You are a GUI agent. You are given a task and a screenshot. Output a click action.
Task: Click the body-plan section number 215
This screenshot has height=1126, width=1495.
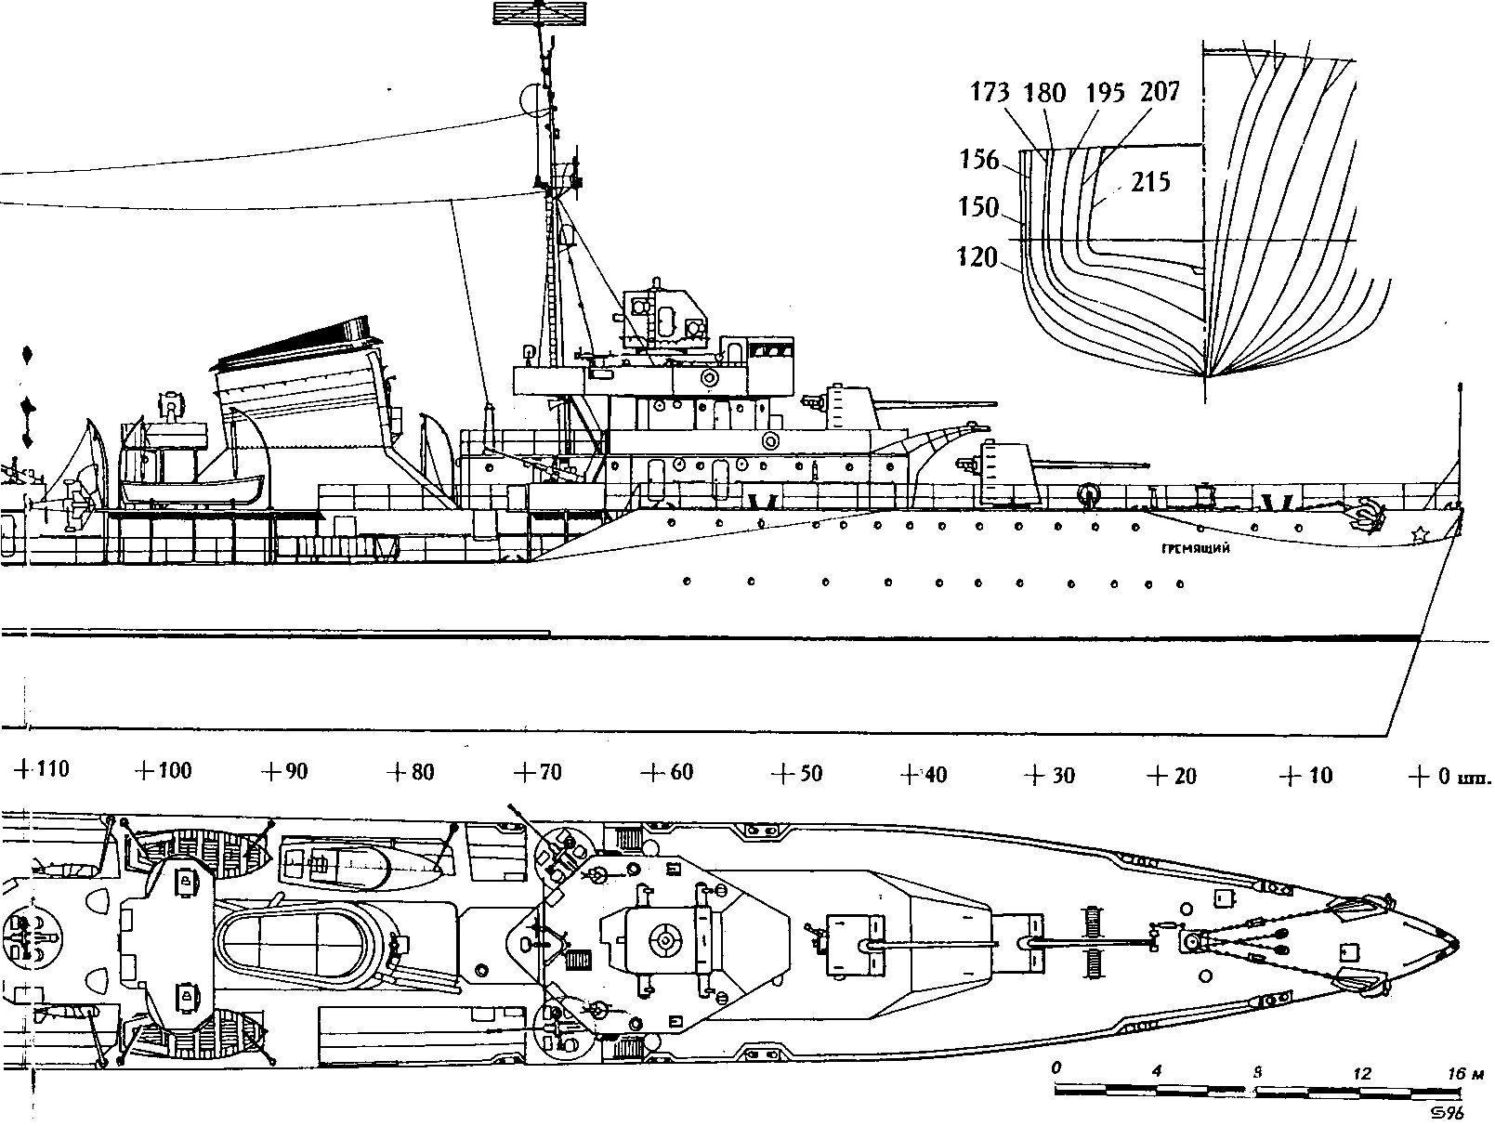pyautogui.click(x=1151, y=183)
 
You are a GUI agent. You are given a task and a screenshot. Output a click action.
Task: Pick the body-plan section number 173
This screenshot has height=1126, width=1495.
pyautogui.click(x=991, y=93)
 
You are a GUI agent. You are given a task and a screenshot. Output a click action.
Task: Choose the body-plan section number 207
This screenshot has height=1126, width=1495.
pyautogui.click(x=1161, y=91)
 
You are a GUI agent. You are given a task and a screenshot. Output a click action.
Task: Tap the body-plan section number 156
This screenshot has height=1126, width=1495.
pyautogui.click(x=978, y=160)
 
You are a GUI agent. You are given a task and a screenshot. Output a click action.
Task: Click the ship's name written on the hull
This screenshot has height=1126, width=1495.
pyautogui.click(x=1196, y=549)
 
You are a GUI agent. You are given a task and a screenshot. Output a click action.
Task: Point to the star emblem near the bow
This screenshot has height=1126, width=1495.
pyautogui.click(x=1419, y=535)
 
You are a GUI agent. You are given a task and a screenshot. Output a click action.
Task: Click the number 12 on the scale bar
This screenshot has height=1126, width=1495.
pyautogui.click(x=1362, y=1072)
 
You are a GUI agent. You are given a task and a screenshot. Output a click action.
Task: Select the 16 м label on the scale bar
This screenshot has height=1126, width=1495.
pyautogui.click(x=1465, y=1072)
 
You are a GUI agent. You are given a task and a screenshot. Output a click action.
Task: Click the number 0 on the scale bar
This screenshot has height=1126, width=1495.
pyautogui.click(x=1056, y=1069)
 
